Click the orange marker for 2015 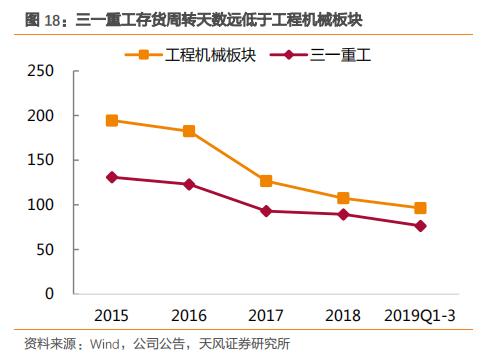112,120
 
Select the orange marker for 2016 189,131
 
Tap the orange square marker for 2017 266,181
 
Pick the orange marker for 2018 343,198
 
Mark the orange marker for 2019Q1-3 420,208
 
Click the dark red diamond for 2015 112,177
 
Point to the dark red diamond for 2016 189,184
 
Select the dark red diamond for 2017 266,211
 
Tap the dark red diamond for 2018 343,214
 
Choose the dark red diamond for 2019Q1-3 420,226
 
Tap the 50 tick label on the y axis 45,250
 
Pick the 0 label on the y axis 49,294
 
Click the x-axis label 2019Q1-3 420,315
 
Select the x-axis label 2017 266,315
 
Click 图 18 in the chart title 29,18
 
